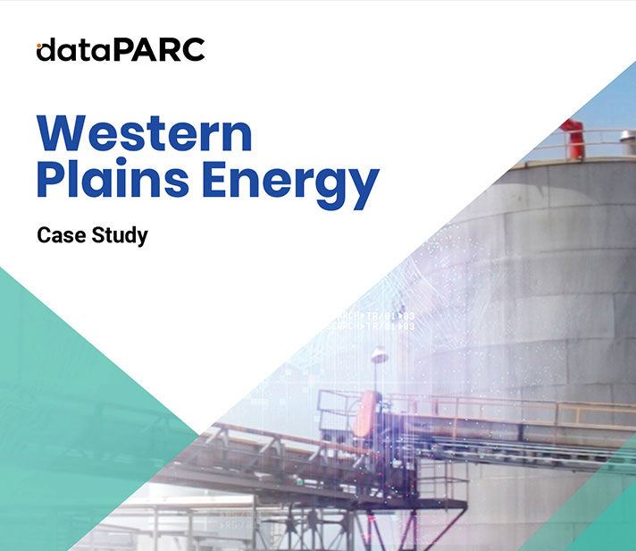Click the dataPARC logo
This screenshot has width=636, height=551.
[x=121, y=49]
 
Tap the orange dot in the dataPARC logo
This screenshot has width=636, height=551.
[x=39, y=46]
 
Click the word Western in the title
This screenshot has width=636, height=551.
[x=145, y=133]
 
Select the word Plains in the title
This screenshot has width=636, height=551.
[x=113, y=178]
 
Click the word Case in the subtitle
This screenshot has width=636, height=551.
[x=62, y=235]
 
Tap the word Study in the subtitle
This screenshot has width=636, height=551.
[x=120, y=236]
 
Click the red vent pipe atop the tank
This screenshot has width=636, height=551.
[x=573, y=137]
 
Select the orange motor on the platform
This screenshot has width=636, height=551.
[x=366, y=413]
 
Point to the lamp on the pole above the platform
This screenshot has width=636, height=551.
[x=380, y=354]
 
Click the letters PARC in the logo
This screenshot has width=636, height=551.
[x=159, y=49]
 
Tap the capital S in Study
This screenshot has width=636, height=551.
[x=98, y=235]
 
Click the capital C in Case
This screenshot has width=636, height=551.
[x=44, y=235]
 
